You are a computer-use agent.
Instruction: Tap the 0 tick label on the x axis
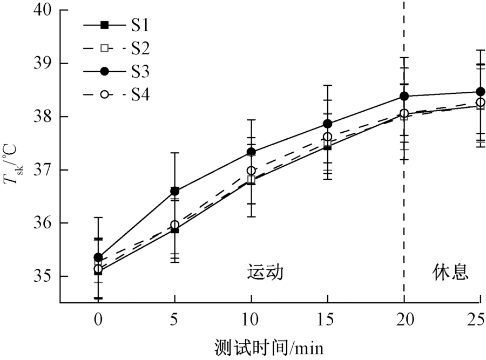point(98,320)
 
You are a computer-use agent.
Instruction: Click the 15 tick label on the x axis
point(327,320)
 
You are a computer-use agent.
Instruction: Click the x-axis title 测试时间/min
point(268,347)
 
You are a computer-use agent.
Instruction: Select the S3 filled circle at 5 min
point(174,191)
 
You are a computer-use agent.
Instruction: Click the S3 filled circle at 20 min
point(404,97)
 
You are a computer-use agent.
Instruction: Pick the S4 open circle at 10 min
point(251,171)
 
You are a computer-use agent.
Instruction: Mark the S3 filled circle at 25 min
point(480,92)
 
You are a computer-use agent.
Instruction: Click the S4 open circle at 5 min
point(174,225)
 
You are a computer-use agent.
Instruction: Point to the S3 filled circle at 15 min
point(327,124)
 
